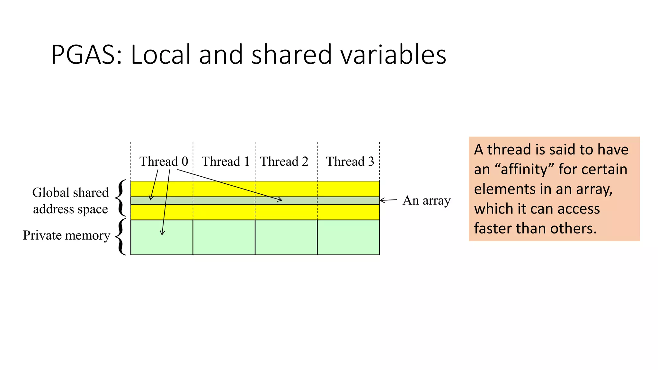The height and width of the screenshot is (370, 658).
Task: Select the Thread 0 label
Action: [164, 161]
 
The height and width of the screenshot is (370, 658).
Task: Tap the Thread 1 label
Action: [226, 161]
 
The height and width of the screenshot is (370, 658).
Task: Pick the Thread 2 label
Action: [284, 161]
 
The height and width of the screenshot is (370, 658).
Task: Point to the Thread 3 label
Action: [350, 161]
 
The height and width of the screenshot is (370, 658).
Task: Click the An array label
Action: [426, 200]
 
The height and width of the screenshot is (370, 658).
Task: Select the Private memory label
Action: [67, 235]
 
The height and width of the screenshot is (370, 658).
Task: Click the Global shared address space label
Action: [70, 201]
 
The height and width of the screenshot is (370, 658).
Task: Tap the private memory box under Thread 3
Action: [348, 237]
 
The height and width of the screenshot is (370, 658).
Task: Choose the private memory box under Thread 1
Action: [224, 237]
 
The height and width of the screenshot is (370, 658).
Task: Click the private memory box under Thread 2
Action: [286, 237]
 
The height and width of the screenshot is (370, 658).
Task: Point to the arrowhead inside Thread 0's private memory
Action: [162, 233]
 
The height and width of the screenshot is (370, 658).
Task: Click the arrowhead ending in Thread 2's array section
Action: [280, 200]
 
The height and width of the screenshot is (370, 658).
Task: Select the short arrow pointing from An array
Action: [388, 200]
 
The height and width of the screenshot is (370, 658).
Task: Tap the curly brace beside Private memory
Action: [121, 237]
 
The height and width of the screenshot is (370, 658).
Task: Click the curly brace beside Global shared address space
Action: [121, 198]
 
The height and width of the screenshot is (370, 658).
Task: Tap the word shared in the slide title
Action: [291, 55]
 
